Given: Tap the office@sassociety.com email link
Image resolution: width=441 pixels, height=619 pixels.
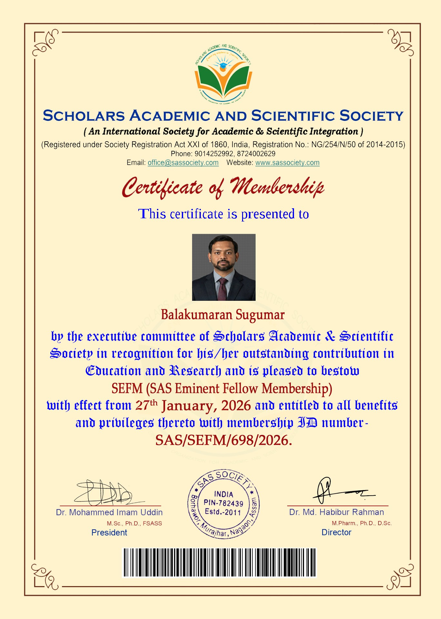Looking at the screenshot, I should click(183, 163).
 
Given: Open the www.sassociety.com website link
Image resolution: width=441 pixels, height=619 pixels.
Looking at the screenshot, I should click(287, 163).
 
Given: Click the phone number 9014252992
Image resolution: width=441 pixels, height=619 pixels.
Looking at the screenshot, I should click(214, 154).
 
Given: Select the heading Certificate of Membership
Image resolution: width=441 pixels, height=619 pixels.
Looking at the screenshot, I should click(223, 187).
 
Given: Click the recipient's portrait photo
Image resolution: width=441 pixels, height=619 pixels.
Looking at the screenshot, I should click(224, 267).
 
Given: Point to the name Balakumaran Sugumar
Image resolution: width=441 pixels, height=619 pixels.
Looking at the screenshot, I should click(223, 315).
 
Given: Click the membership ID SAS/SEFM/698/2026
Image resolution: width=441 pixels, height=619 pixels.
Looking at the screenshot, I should click(223, 440).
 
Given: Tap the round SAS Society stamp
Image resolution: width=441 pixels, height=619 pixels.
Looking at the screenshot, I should click(223, 504).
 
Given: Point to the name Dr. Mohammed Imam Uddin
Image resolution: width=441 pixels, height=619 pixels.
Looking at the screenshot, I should click(109, 512).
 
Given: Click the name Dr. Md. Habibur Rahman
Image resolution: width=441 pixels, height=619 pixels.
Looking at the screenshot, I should click(337, 512).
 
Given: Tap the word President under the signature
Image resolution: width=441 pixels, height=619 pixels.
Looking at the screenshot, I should click(109, 533).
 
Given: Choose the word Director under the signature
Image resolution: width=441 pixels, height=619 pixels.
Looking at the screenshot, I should click(336, 532).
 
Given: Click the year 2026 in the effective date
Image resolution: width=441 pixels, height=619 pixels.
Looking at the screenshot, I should click(236, 406).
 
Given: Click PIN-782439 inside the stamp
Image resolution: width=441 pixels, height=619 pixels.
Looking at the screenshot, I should click(223, 503).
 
